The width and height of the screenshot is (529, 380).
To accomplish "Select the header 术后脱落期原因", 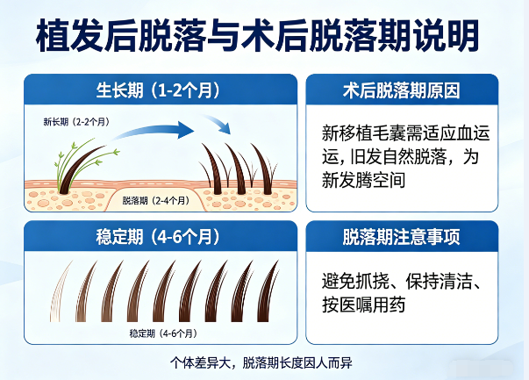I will click(x=402, y=90).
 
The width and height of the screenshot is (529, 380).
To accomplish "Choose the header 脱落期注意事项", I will click(x=402, y=237).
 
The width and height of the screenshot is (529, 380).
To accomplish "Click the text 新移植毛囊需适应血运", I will click(x=402, y=133).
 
